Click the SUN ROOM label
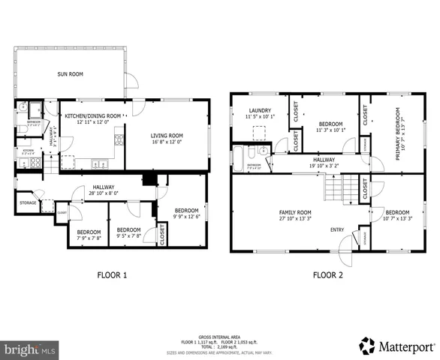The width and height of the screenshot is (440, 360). (70, 73)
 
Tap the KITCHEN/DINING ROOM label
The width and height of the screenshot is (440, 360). (92, 116)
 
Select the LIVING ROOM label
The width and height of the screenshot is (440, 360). (167, 136)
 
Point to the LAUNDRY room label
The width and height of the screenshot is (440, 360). (261, 109)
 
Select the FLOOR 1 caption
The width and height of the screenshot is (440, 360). (112, 274)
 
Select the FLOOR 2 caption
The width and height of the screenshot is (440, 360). (327, 274)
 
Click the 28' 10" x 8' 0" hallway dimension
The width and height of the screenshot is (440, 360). (104, 193)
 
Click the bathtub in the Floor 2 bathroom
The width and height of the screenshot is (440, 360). (240, 158)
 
